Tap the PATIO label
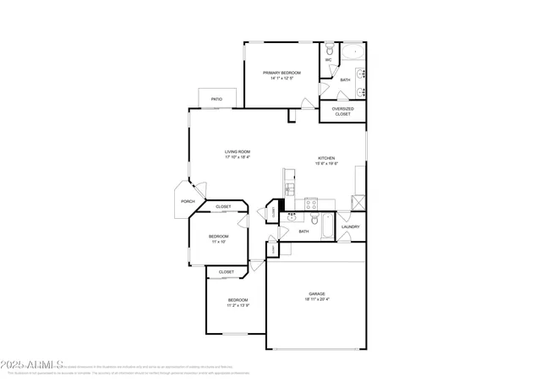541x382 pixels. point(217,99)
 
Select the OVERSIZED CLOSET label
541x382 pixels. point(342,111)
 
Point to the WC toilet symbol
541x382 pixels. point(330,49)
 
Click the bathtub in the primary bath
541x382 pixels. point(352,52)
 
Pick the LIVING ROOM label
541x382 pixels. point(238,151)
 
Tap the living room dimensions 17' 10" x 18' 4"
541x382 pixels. point(238,157)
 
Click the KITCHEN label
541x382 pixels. point(326,158)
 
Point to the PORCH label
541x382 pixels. point(188,201)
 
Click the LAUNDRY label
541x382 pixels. point(351,226)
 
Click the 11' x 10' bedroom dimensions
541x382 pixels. point(218,242)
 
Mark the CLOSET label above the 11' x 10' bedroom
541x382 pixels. point(223,206)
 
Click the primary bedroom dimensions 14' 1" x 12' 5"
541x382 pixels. point(281,79)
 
